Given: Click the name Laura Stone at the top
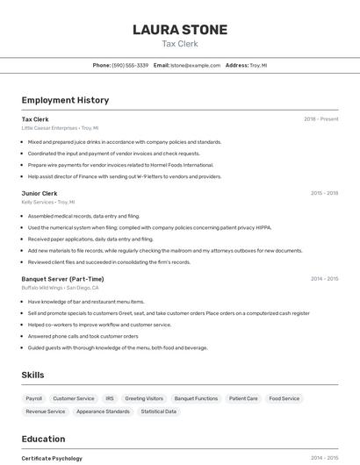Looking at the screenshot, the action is (180, 30).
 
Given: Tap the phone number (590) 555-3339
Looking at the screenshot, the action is (130, 65).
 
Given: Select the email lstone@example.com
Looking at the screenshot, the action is (195, 65).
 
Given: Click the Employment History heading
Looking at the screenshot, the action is (65, 100).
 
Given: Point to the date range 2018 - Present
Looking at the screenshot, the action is (320, 119).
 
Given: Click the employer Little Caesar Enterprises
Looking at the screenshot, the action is (49, 128).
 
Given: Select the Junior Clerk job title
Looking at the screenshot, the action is (40, 193).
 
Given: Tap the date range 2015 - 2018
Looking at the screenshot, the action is (324, 193).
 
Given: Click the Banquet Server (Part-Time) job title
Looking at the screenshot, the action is (62, 279).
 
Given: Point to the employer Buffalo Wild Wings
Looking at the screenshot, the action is (42, 288).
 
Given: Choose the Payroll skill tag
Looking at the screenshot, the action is (33, 398).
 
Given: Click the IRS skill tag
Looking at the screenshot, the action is (110, 398).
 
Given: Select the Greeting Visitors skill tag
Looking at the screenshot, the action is (144, 398).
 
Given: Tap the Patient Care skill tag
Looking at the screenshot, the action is (243, 398).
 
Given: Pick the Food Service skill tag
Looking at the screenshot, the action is (284, 398).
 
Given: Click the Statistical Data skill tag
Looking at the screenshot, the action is (159, 411).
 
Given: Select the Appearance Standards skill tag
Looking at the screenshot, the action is (103, 411).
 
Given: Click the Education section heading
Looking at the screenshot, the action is (43, 439).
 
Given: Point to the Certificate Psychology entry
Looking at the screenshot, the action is (52, 458).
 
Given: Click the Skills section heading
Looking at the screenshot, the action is (32, 376).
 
